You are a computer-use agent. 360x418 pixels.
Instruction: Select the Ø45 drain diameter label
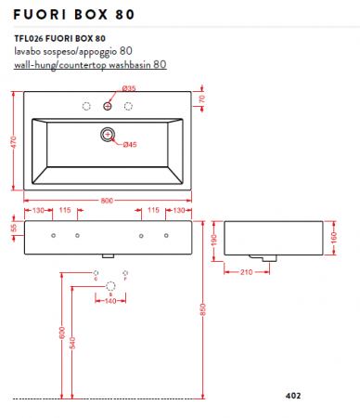(x=130, y=145)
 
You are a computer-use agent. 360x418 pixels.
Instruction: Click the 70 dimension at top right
(x=202, y=98)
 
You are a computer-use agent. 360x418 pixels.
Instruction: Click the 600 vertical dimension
(x=62, y=333)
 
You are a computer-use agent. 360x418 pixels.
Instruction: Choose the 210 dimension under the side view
(x=248, y=271)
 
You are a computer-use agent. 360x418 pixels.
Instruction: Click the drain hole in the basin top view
(x=108, y=137)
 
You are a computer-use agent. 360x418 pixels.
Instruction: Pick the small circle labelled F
(x=125, y=276)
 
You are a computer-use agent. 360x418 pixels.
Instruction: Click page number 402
(x=293, y=396)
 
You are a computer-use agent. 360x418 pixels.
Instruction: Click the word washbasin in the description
(x=124, y=65)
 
